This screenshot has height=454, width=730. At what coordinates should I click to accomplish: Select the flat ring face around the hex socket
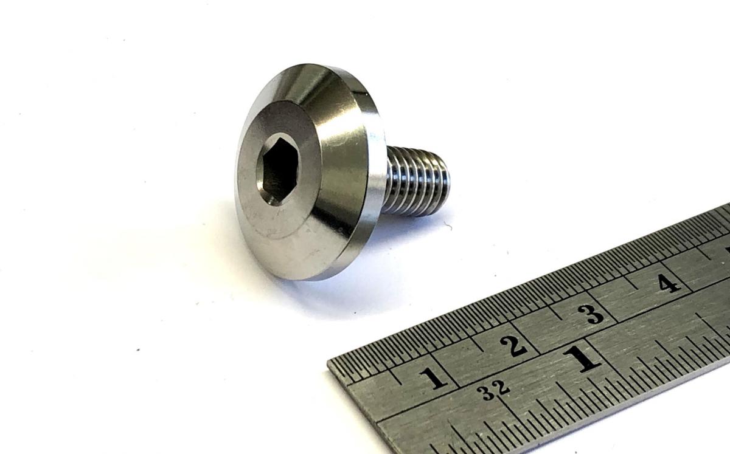(x=277, y=170)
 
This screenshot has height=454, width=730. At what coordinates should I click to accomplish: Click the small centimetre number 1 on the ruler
(x=433, y=379)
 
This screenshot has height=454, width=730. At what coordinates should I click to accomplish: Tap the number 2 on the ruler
(x=514, y=346)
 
